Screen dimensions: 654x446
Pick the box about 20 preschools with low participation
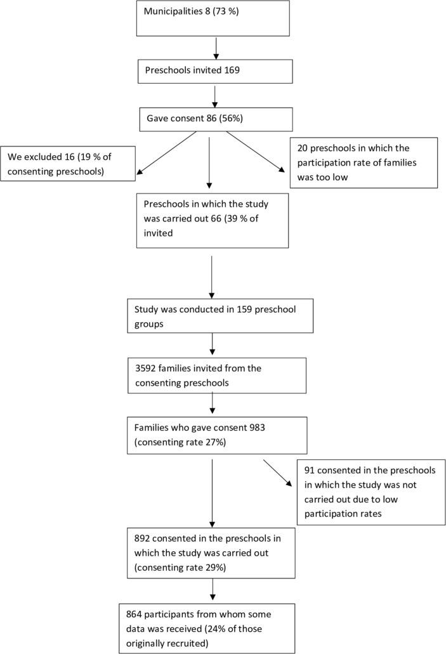click(363, 162)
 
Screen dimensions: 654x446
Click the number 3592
click(147, 368)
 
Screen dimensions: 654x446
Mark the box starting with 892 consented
click(211, 551)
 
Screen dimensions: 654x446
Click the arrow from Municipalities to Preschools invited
click(217, 48)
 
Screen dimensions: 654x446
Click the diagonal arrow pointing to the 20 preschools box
click(256, 152)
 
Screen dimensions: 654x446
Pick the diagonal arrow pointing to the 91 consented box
click(277, 472)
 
